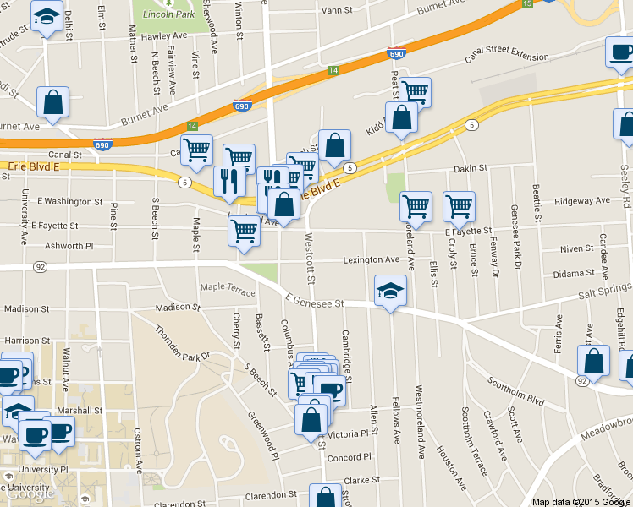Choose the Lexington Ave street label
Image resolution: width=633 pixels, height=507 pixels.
pos(371,259)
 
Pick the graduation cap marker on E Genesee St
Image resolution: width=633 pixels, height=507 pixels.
pos(390,292)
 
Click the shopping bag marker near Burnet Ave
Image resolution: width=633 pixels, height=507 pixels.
pos(52,103)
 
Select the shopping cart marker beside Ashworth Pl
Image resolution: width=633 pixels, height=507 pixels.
pos(244,231)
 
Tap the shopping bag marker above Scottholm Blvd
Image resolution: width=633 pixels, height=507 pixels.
pos(594,360)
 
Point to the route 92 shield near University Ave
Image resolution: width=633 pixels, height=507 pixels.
pos(41,267)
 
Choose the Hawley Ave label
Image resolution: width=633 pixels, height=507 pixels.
pos(164,37)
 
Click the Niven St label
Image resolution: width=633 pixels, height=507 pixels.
pos(576,249)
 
